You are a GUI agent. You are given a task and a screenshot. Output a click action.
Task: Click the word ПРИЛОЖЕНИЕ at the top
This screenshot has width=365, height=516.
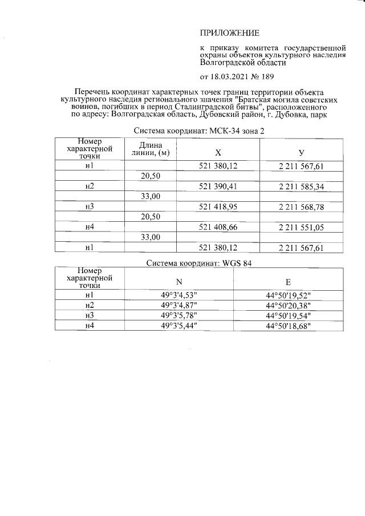coord(229,33)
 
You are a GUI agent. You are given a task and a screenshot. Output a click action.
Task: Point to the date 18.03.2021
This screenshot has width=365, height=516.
coord(230,76)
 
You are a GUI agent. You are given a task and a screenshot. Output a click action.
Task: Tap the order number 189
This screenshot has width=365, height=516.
coord(268,76)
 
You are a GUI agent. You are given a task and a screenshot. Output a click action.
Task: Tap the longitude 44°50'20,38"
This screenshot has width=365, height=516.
coord(288,305)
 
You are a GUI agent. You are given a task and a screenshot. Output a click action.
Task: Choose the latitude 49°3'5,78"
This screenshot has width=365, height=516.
coord(180,315)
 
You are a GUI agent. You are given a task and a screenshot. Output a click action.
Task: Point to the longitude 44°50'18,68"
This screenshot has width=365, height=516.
coord(288,325)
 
